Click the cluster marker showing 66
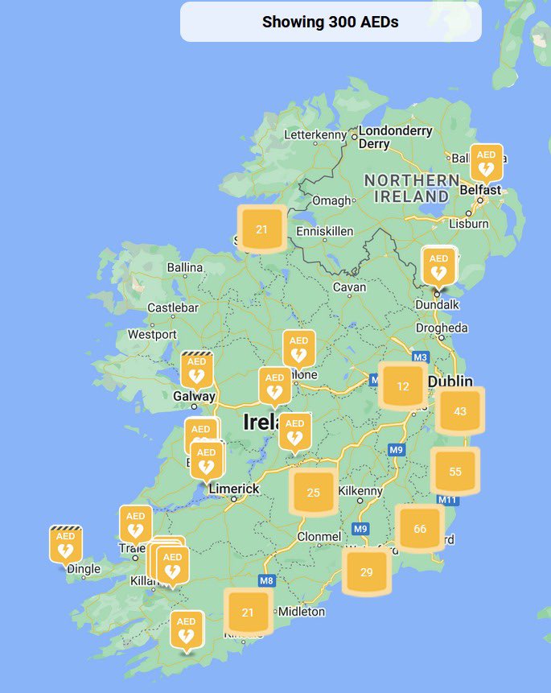click(420, 529)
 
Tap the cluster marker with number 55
click(455, 471)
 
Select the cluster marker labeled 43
click(460, 411)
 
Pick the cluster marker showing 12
click(403, 386)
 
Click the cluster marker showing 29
click(367, 572)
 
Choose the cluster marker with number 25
click(314, 492)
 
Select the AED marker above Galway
click(195, 370)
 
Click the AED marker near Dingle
click(65, 545)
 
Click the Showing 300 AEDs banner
click(331, 22)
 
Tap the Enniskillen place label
click(324, 231)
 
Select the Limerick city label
click(234, 489)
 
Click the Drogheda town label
click(442, 328)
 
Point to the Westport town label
click(152, 334)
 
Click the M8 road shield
click(267, 580)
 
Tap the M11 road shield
click(447, 501)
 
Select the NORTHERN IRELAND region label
click(411, 188)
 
